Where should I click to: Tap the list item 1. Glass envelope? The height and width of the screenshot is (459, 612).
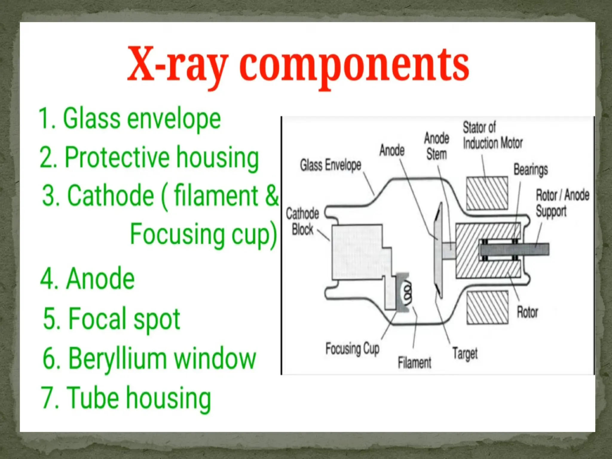click(130, 119)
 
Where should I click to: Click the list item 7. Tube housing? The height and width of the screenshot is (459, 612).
click(126, 397)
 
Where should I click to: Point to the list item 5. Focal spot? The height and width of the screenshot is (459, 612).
click(112, 319)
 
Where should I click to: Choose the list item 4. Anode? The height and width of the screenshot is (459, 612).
click(88, 279)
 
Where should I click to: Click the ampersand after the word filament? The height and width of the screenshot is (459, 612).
click(271, 195)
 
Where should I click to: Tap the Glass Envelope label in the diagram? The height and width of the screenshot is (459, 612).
click(331, 165)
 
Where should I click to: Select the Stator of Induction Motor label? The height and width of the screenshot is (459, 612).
click(492, 135)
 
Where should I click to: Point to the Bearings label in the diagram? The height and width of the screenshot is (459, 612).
click(530, 170)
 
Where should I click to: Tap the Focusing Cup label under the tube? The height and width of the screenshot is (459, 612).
click(352, 348)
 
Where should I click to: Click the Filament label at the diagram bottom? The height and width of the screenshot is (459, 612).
click(414, 362)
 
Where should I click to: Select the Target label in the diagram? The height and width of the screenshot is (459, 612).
click(465, 354)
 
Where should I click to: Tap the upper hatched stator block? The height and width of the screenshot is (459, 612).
click(487, 193)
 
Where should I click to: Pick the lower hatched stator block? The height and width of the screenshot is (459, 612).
click(487, 307)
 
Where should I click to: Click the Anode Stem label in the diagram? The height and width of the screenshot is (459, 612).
click(437, 146)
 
